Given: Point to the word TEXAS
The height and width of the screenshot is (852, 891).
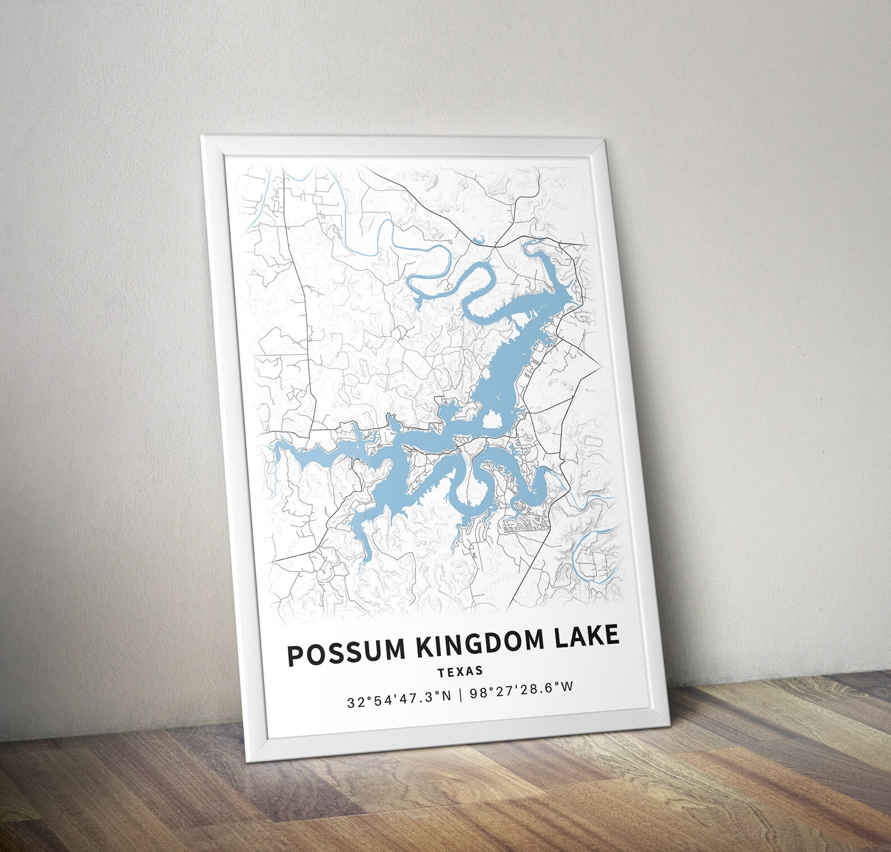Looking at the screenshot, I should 460,671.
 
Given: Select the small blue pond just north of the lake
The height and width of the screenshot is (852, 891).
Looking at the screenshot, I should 478,241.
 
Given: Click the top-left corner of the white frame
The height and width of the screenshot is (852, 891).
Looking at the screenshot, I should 202,136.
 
